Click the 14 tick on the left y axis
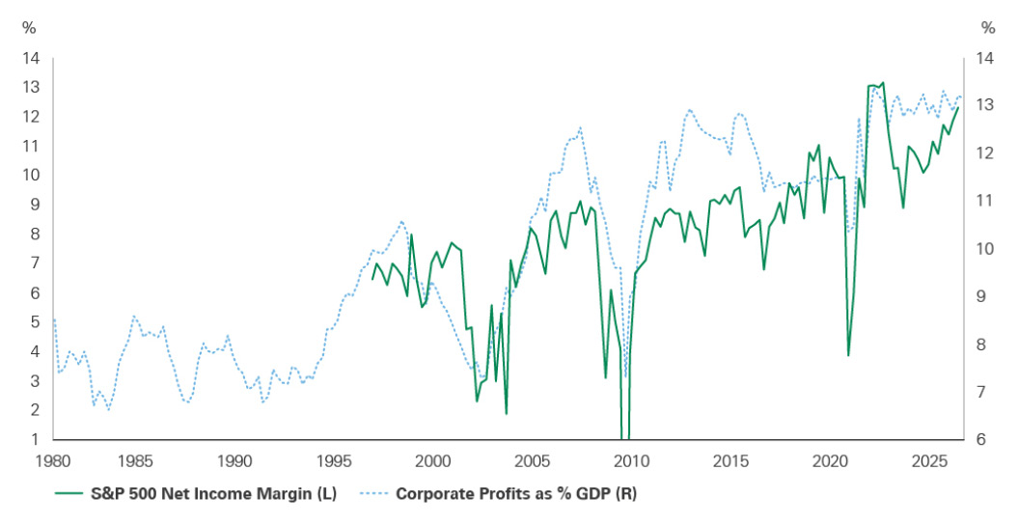pos(32,58)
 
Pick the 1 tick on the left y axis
pos(36,440)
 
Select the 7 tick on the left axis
pos(36,263)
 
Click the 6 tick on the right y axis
pos(982,440)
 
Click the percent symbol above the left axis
pos(28,27)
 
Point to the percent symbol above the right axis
pos(987,27)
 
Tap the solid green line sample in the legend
pos(77,494)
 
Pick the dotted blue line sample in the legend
pos(382,494)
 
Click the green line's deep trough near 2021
pos(848,355)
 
